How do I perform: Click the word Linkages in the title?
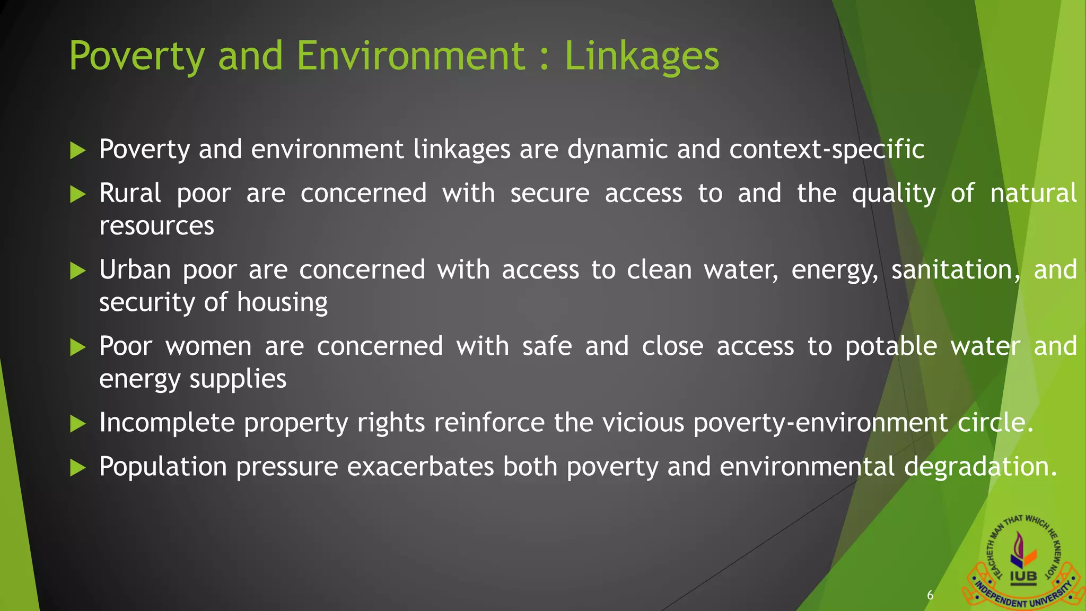pyautogui.click(x=642, y=56)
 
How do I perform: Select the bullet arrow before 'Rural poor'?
pyautogui.click(x=77, y=195)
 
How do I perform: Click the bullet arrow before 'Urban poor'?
pyautogui.click(x=77, y=271)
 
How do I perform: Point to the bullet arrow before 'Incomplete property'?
pyautogui.click(x=77, y=424)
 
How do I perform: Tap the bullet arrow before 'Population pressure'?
pyautogui.click(x=77, y=468)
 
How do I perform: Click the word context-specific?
pyautogui.click(x=827, y=150)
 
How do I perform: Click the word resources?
pyautogui.click(x=156, y=226)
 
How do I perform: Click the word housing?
pyautogui.click(x=282, y=303)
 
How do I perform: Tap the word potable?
pyautogui.click(x=891, y=347)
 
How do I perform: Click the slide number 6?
pyautogui.click(x=930, y=595)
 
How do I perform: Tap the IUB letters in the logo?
pyautogui.click(x=1023, y=577)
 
